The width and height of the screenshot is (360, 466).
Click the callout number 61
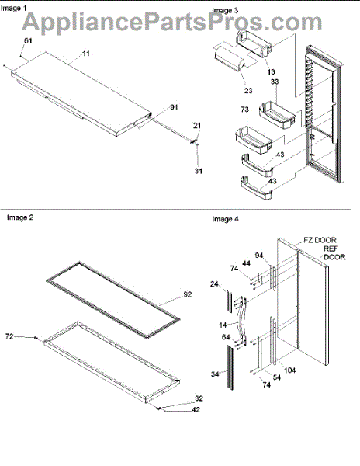(x=28, y=40)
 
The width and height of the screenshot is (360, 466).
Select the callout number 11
(x=85, y=54)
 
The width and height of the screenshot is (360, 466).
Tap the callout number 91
(x=174, y=107)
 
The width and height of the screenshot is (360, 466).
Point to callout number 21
(x=197, y=126)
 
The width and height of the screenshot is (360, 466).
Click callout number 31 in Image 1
(x=199, y=171)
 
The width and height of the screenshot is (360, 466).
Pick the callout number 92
(x=187, y=294)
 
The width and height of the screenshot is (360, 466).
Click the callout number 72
(x=9, y=336)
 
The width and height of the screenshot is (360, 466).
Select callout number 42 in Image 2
(x=196, y=409)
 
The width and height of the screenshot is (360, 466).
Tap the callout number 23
(x=248, y=90)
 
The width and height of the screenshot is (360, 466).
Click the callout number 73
(x=244, y=110)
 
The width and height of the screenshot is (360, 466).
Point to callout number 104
(x=289, y=370)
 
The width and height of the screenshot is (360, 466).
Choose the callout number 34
(x=215, y=374)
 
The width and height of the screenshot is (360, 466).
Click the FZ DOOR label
(x=320, y=240)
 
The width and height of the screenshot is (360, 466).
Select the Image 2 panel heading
(x=20, y=217)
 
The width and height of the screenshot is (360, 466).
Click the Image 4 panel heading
(x=225, y=219)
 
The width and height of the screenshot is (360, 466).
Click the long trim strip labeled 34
(x=230, y=367)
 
